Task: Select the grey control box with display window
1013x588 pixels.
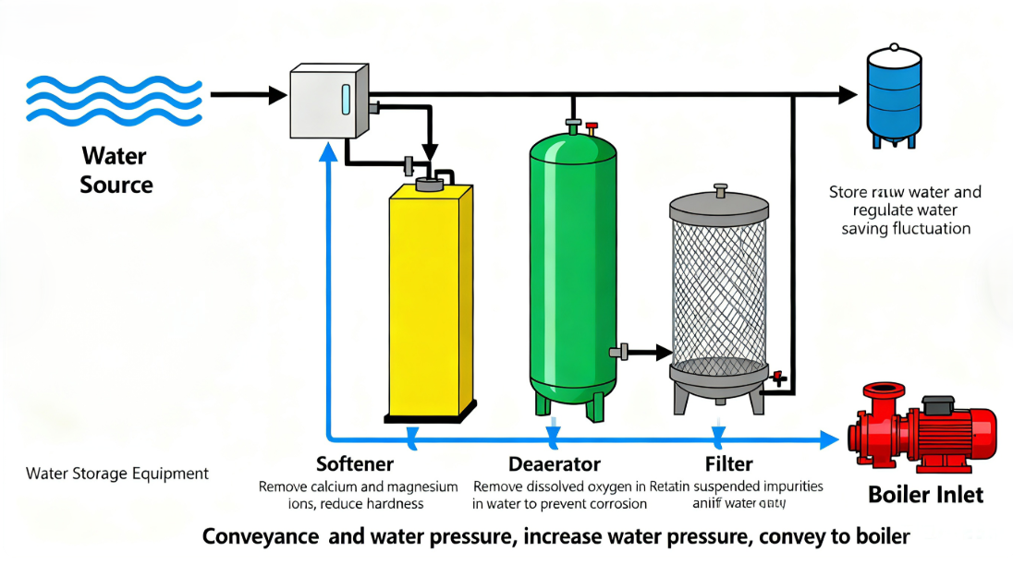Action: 328,102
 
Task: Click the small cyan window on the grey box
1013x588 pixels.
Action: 346,100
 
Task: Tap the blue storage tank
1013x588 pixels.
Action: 894,92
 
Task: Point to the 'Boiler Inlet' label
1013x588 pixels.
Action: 926,495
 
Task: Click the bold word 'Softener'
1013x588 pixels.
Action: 355,463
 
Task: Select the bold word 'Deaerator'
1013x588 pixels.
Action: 555,463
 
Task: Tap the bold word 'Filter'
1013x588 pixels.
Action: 728,463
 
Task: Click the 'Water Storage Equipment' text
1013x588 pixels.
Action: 117,474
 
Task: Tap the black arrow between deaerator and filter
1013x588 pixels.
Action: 652,352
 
